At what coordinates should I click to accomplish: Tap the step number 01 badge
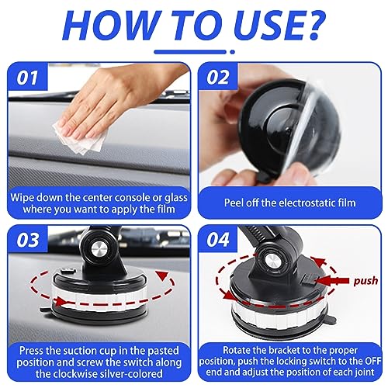28,77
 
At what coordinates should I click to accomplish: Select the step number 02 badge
218,77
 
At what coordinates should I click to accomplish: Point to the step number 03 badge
28,240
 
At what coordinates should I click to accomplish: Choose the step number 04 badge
218,240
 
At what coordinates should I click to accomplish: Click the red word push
365,281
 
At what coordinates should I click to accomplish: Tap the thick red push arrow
333,281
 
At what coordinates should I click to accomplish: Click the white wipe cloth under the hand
80,137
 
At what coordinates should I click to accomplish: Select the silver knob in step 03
99,250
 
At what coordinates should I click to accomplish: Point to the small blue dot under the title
232,52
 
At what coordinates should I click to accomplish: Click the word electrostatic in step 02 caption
305,203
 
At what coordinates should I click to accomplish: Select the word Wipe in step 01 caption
23,198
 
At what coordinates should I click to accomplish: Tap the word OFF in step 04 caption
372,361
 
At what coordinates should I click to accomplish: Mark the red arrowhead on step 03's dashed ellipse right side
162,275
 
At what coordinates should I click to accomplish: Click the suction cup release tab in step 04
331,320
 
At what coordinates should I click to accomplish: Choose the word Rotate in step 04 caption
237,350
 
